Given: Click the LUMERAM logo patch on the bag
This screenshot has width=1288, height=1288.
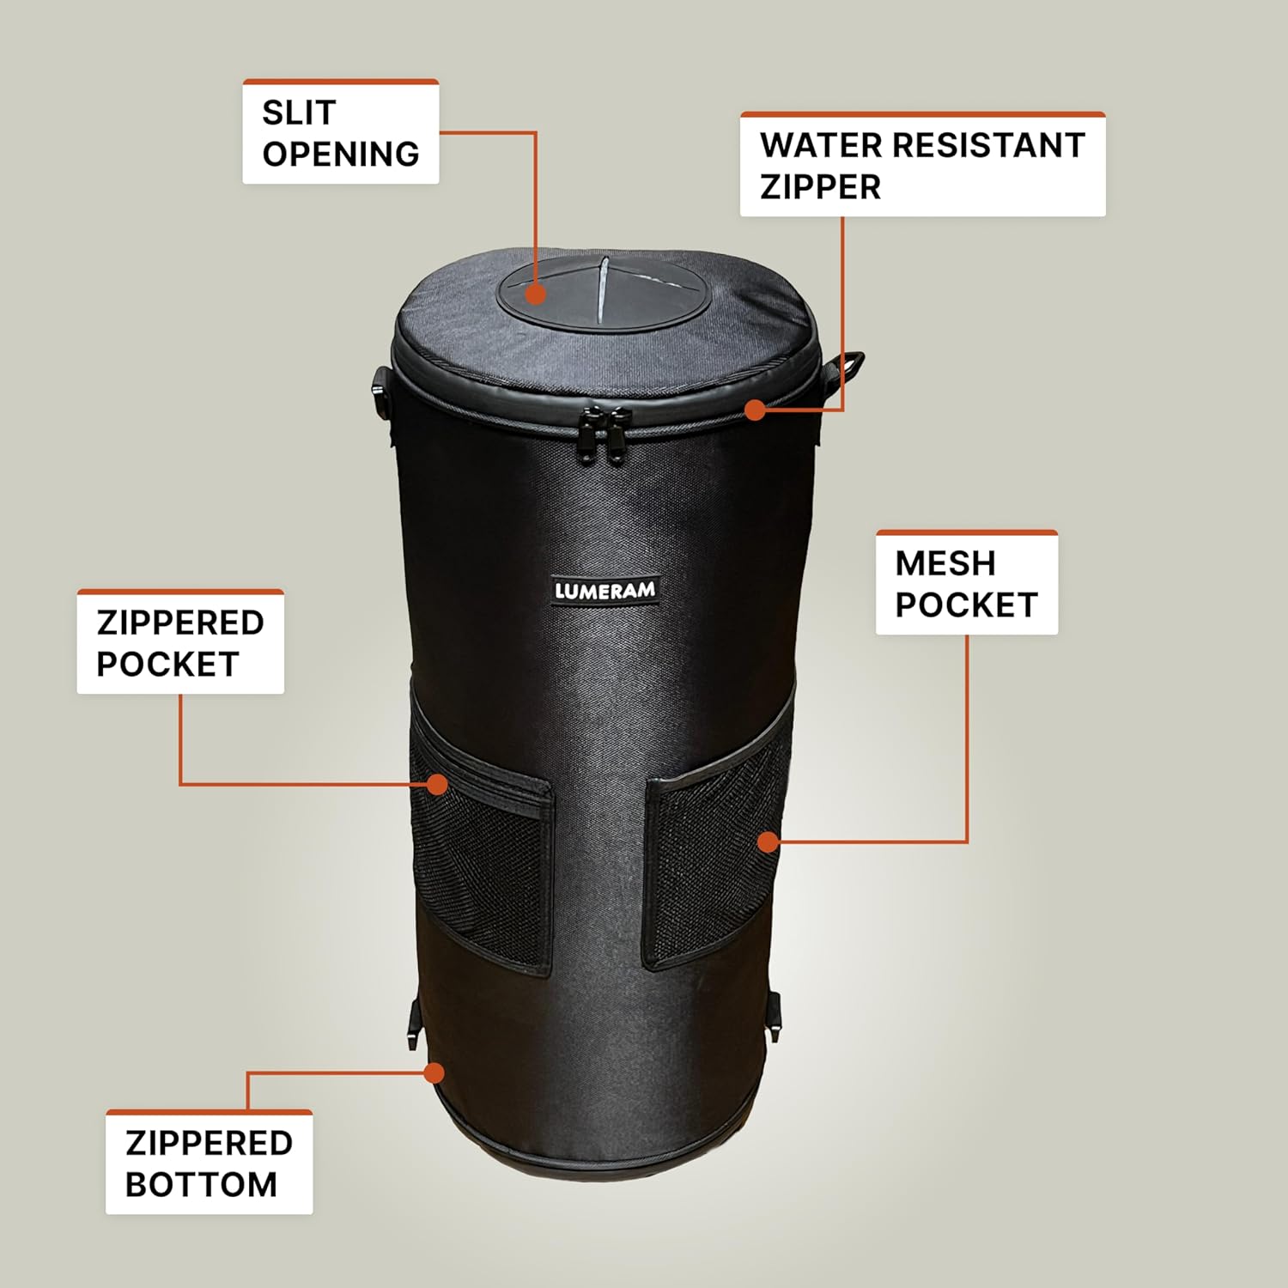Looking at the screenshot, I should tap(605, 590).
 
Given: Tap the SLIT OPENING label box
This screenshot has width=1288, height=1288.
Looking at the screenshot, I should tap(341, 132).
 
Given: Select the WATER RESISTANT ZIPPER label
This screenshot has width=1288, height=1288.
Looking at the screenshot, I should tap(922, 165).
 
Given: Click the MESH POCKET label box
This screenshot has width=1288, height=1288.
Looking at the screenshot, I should tap(966, 584).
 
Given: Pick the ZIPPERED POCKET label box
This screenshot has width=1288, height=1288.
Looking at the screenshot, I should tap(180, 642).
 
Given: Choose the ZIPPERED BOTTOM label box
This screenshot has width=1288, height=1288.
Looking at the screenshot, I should tap(209, 1163).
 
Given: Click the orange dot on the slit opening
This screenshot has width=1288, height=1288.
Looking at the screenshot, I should tap(536, 295).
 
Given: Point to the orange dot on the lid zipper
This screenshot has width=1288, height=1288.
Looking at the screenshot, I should tap(755, 410).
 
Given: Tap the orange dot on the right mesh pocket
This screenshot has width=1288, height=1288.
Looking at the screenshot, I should tap(769, 841).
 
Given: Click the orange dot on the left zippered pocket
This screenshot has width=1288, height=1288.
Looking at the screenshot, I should tap(438, 784).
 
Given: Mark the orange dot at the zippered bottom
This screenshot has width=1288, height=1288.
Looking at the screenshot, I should tap(434, 1072).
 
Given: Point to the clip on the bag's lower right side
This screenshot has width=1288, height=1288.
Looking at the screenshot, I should tap(774, 1014).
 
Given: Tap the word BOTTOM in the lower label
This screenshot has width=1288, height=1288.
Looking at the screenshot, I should tap(201, 1185).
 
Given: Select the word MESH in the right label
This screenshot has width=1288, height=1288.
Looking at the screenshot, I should tap(945, 563).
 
